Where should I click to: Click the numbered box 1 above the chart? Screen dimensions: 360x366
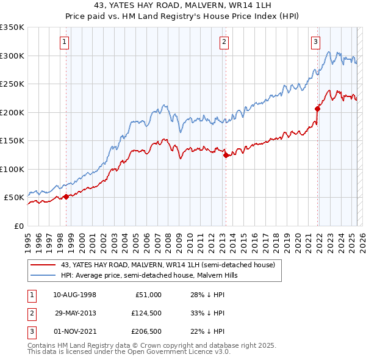click(x=65, y=42)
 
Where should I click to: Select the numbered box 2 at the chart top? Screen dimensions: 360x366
click(x=224, y=42)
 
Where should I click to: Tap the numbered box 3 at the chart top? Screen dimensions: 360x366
click(x=315, y=42)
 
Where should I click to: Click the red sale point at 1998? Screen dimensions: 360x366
click(x=66, y=196)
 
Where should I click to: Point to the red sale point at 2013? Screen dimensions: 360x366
click(x=226, y=155)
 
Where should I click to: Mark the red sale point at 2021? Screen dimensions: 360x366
click(x=317, y=109)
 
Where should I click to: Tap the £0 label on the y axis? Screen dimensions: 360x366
click(x=18, y=226)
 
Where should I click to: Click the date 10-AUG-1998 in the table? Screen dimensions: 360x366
click(x=74, y=295)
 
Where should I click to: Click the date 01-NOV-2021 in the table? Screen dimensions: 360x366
click(x=74, y=331)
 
